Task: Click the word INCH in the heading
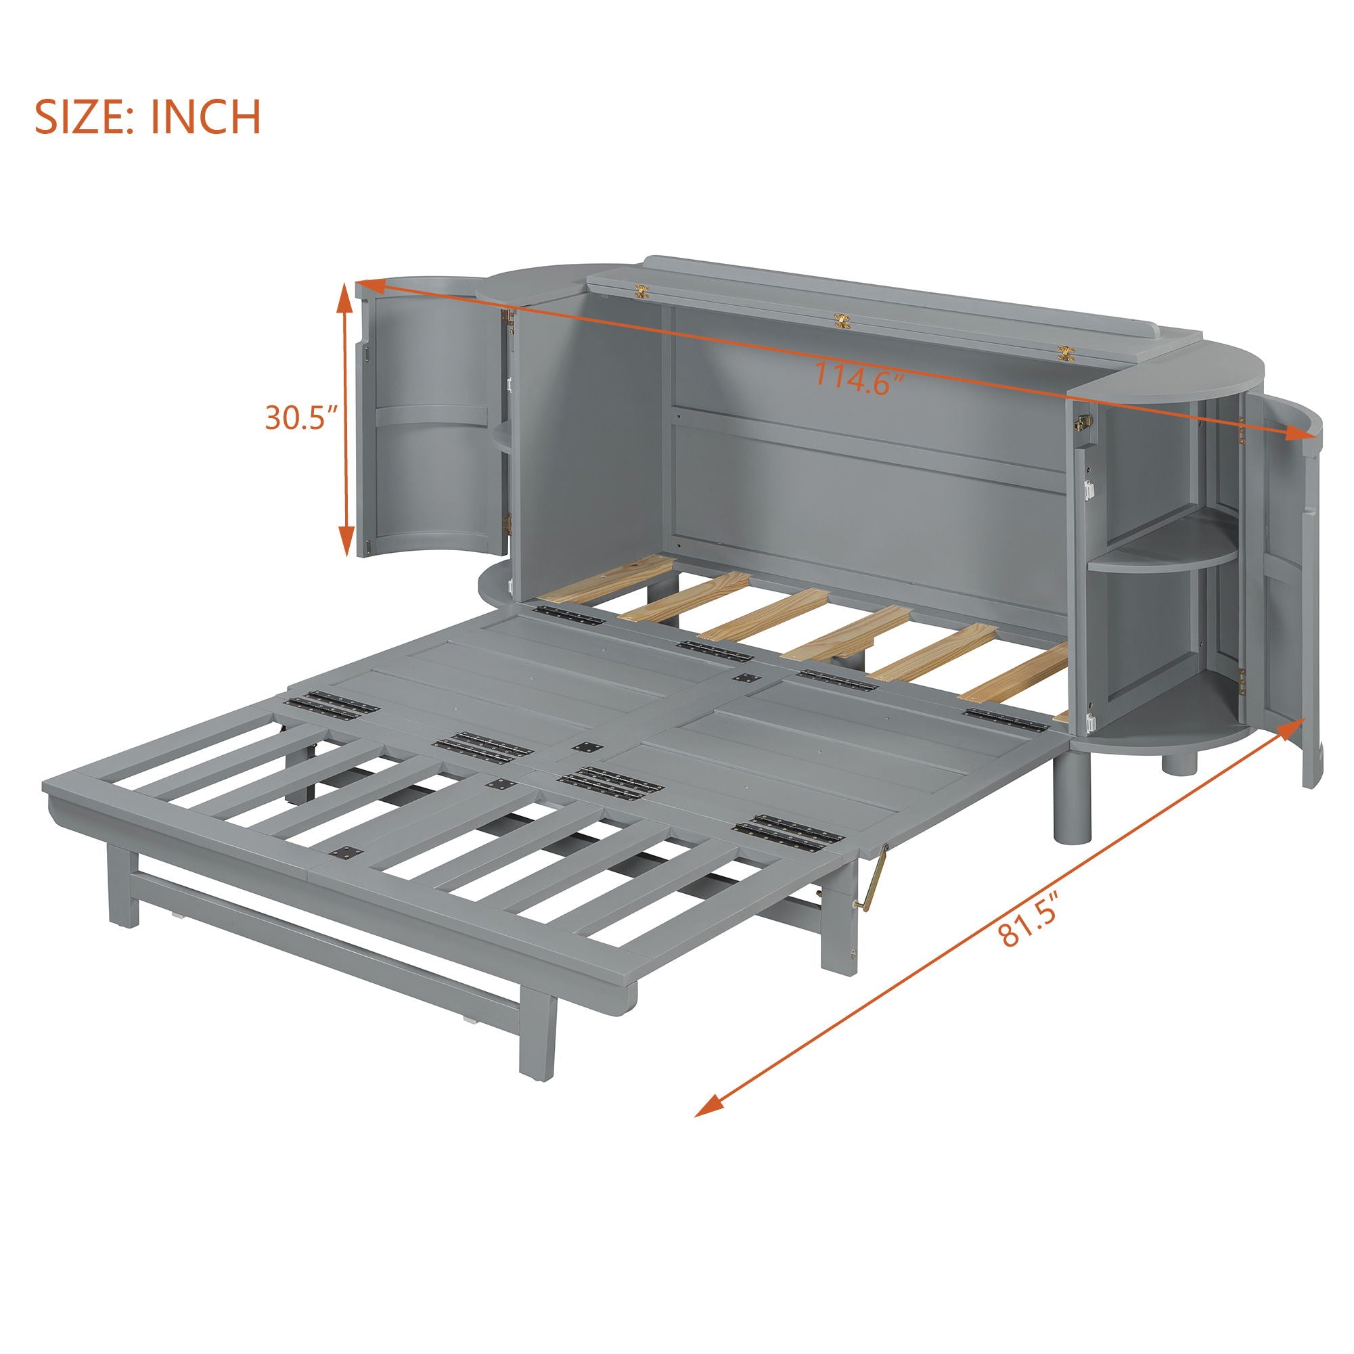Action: point(204,117)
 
